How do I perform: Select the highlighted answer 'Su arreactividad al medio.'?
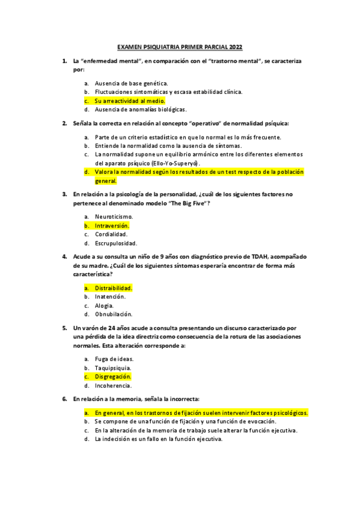pos(122,100)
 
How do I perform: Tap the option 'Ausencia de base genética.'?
pos(131,83)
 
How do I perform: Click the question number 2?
pos(64,123)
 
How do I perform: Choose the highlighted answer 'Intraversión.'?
pos(112,226)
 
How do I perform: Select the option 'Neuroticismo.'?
pos(114,217)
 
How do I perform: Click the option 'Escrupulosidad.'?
pos(116,244)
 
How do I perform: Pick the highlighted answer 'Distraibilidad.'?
pos(114,287)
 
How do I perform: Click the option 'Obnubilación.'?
pos(114,314)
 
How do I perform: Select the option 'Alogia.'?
pos(105,306)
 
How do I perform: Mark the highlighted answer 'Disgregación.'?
pos(113,376)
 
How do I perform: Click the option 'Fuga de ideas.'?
pos(114,359)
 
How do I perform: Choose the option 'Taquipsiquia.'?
pos(113,367)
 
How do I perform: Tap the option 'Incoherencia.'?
pos(114,386)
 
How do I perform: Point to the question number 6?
pos(64,399)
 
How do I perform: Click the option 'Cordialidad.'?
pos(111,235)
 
